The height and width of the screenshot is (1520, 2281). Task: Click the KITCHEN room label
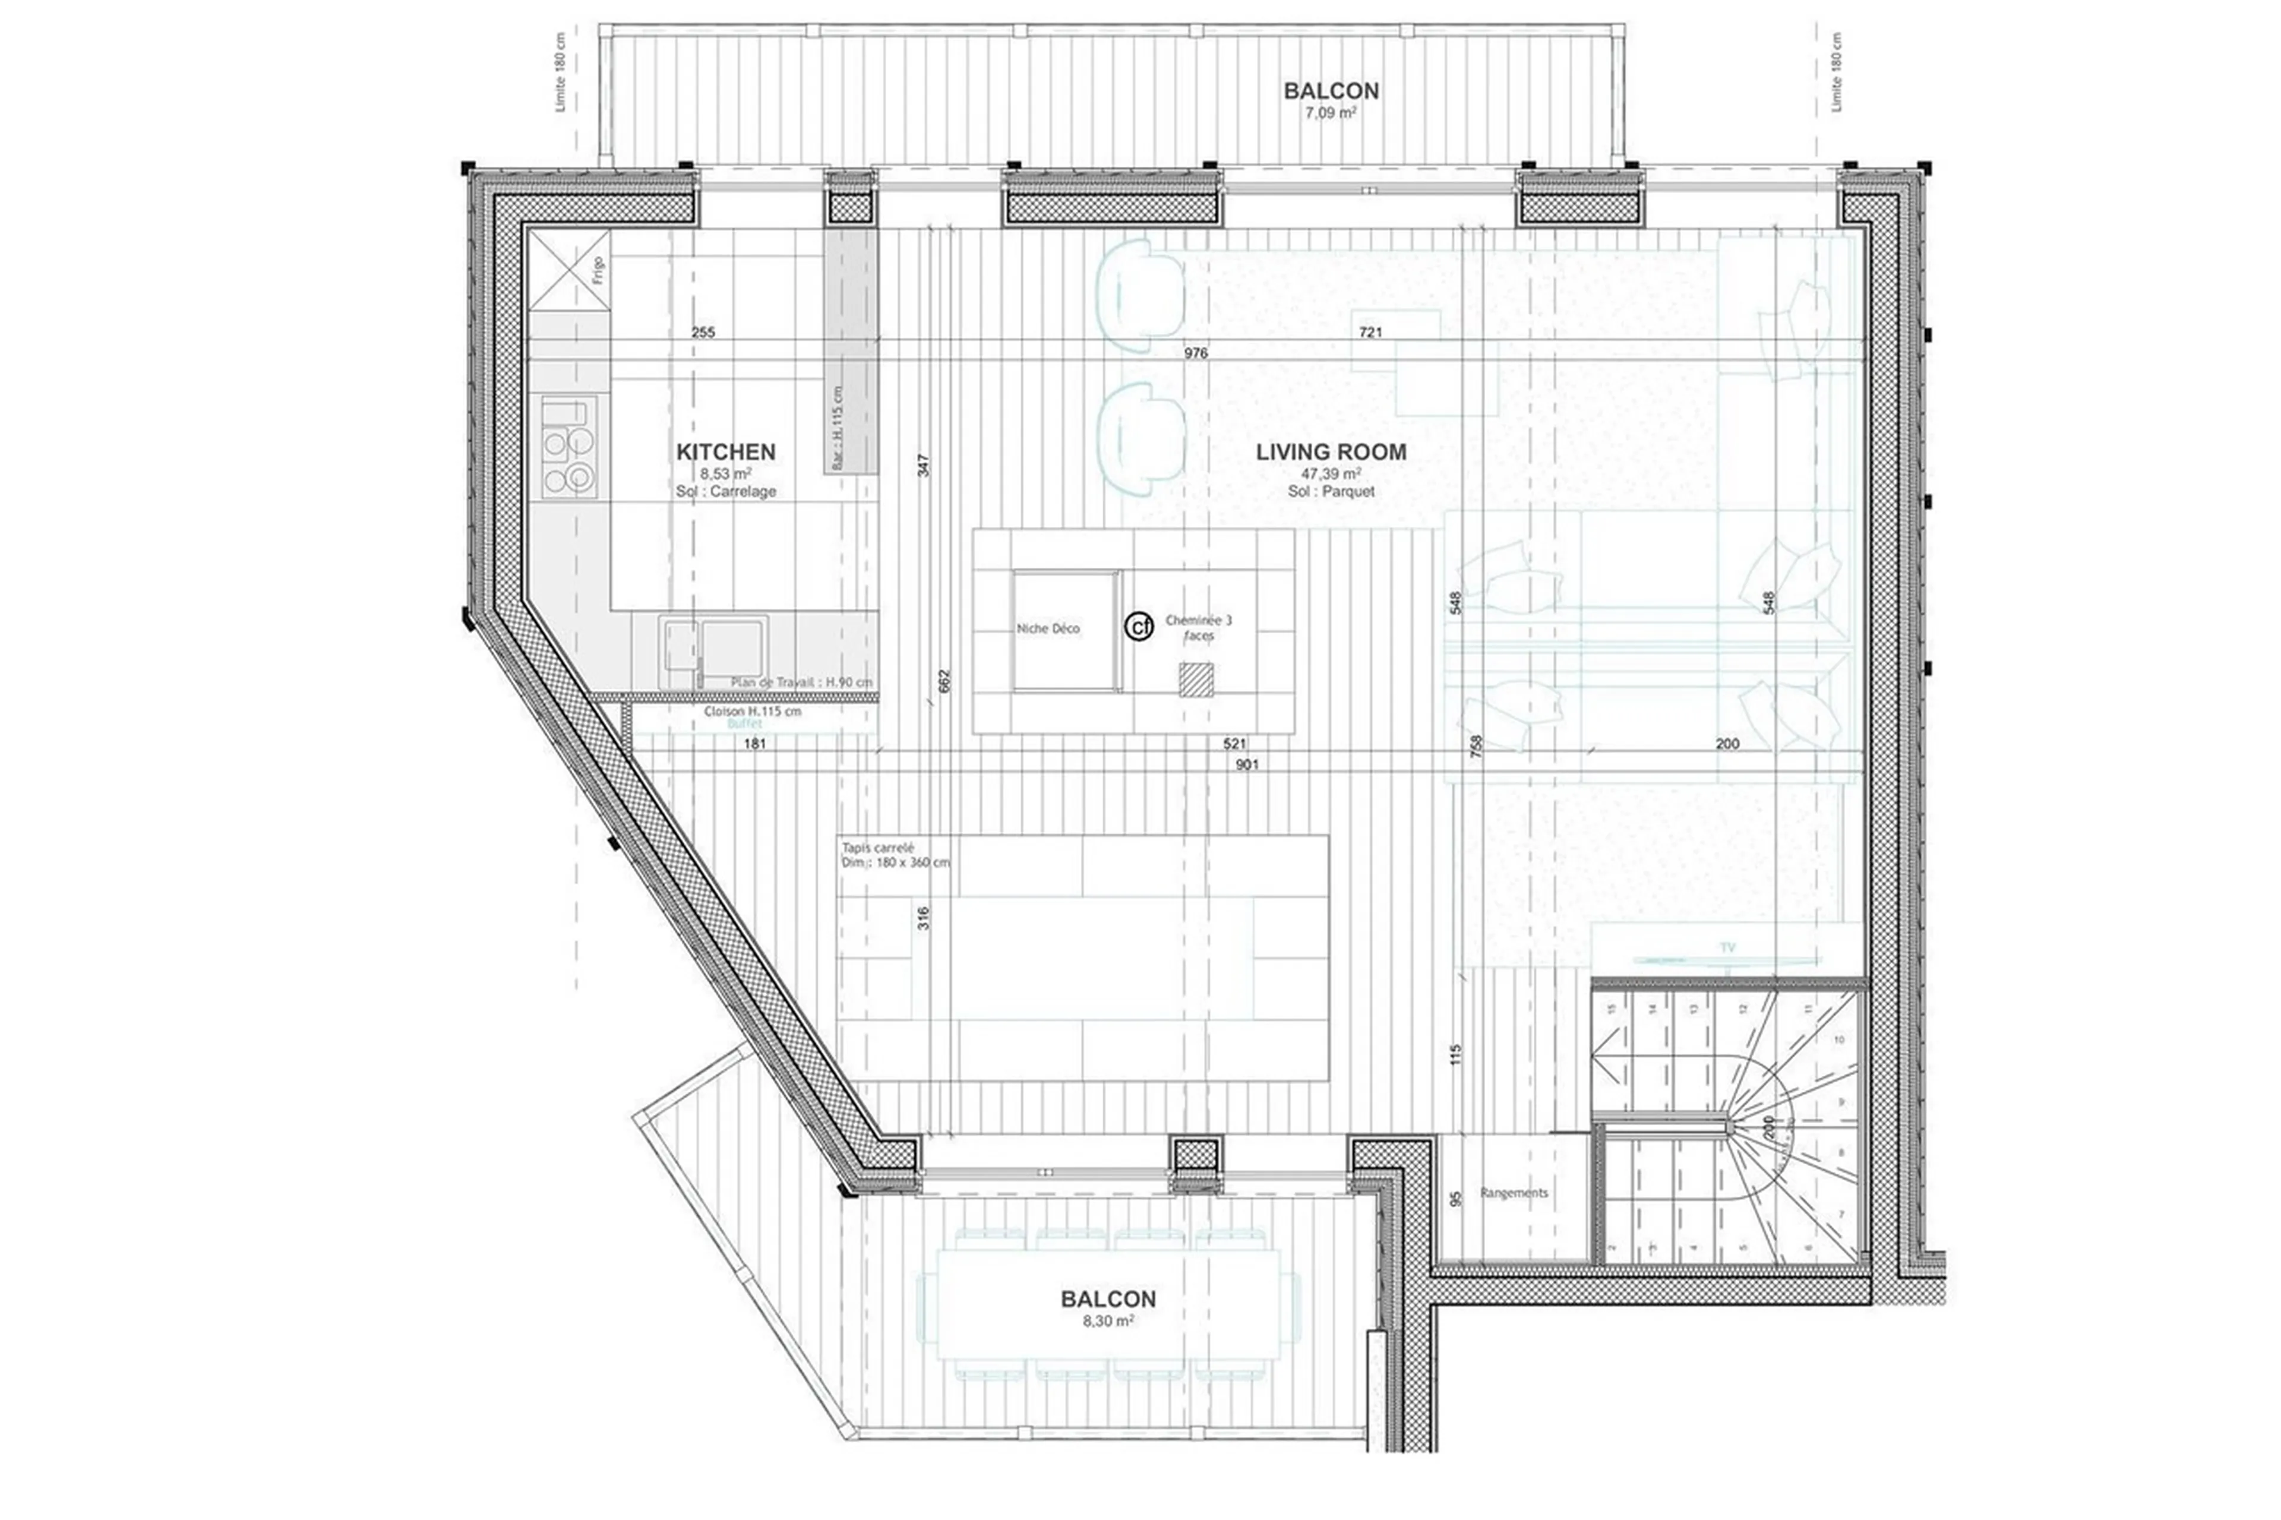point(725,452)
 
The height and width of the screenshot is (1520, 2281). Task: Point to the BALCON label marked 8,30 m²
point(1107,1299)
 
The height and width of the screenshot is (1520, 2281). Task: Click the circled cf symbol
point(1139,627)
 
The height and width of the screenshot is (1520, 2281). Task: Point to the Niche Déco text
point(1047,629)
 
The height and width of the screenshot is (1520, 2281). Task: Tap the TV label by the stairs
point(1727,947)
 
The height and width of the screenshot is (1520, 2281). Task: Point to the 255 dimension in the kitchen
point(703,333)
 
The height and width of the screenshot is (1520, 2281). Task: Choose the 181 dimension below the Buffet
point(754,744)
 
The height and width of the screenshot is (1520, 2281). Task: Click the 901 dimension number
point(1247,765)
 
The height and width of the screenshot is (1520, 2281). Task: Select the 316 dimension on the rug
point(923,918)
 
